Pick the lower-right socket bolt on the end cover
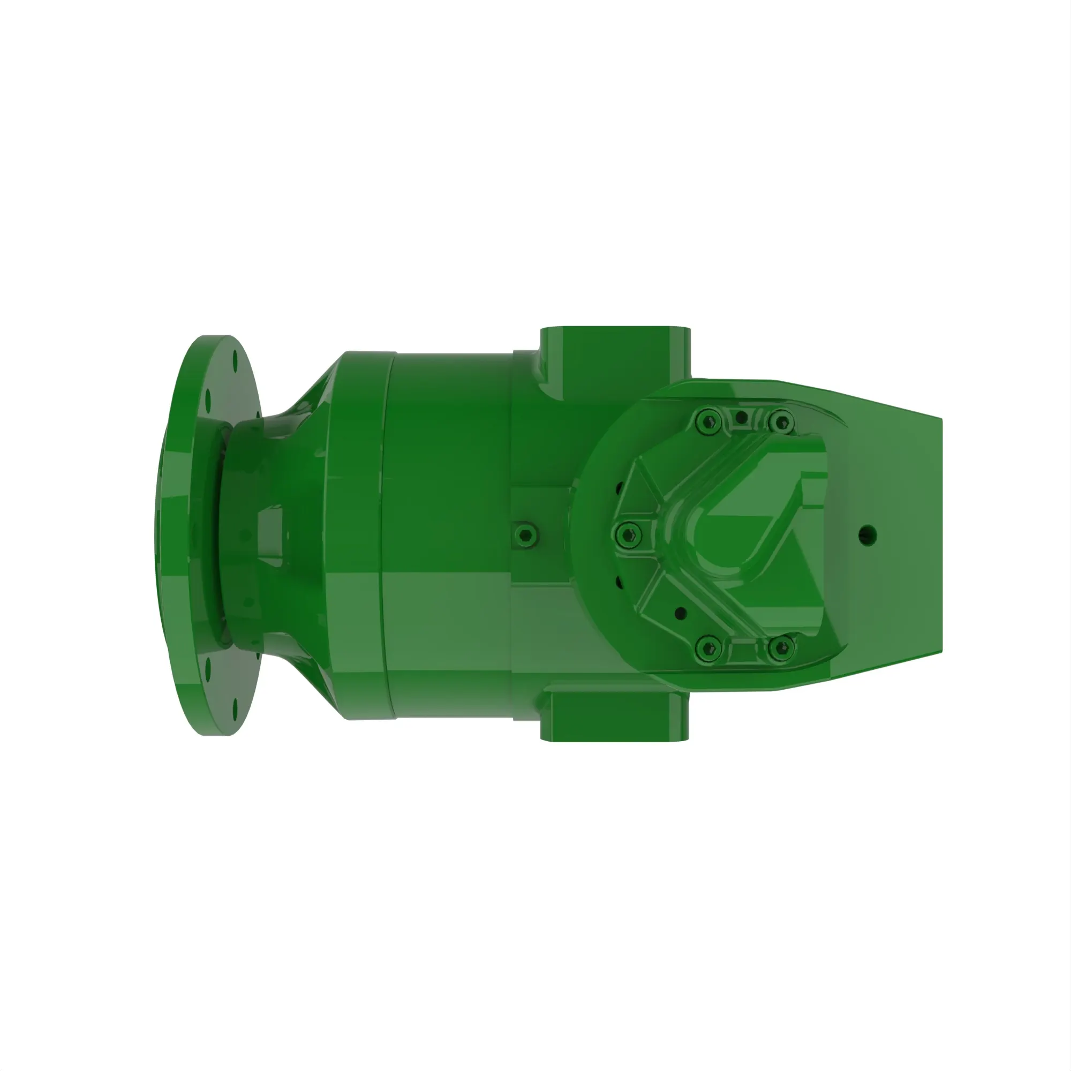tap(781, 647)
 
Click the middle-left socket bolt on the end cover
tap(629, 534)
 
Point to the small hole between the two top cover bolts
tap(742, 417)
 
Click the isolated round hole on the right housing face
tap(868, 535)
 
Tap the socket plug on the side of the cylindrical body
tap(525, 535)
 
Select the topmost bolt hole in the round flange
tap(235, 360)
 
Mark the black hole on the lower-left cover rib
tap(681, 613)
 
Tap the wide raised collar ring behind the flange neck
tap(360, 535)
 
